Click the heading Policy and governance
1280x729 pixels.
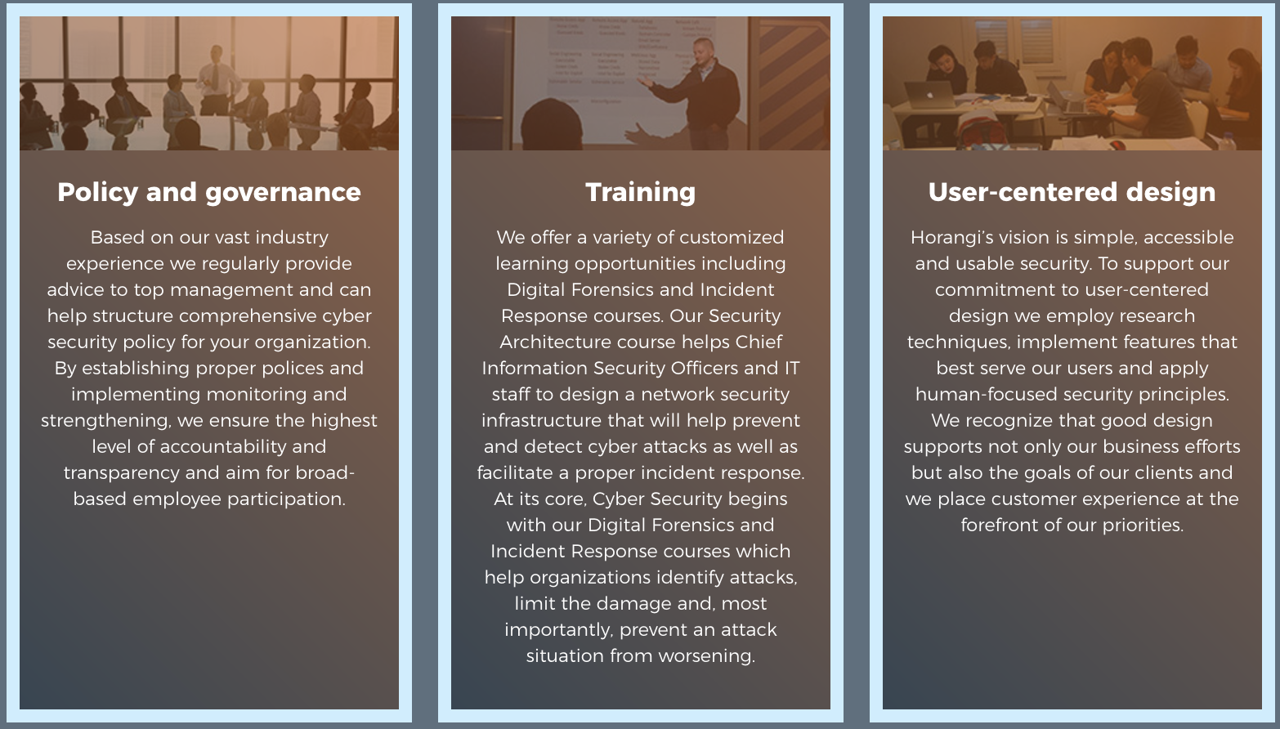(x=209, y=193)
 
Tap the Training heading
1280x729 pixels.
(x=641, y=193)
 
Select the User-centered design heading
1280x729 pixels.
(x=1072, y=193)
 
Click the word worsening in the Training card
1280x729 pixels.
(x=706, y=656)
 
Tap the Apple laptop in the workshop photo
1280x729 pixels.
(x=929, y=94)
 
